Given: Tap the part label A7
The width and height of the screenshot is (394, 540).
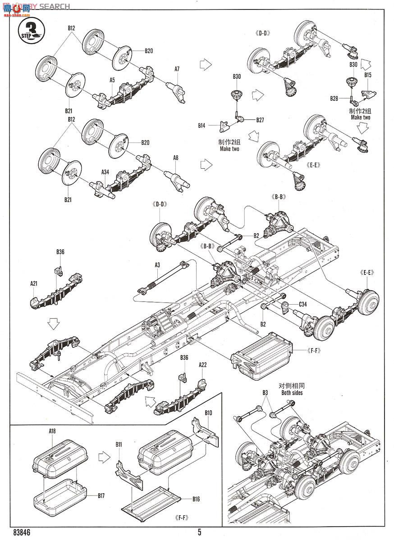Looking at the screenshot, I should tap(177, 69).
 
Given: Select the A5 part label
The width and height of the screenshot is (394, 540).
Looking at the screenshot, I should tap(112, 80).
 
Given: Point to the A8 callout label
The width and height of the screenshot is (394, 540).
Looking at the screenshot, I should tap(176, 157).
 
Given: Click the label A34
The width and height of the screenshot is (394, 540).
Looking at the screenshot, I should tap(105, 172).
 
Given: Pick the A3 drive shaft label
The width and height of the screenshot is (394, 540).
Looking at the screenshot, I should tap(157, 265).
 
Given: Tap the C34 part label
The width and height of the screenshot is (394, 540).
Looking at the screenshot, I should tap(302, 304).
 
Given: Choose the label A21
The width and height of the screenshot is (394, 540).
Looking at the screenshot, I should tap(34, 283).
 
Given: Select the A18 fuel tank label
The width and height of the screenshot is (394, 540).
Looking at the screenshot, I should tap(52, 431).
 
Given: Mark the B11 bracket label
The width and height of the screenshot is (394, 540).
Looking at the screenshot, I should tap(119, 445).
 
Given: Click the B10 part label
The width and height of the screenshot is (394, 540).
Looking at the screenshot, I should tap(208, 413).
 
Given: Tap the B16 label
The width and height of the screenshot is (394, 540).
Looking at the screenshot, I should tap(196, 499).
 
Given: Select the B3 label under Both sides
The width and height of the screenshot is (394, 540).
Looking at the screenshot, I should tap(266, 393).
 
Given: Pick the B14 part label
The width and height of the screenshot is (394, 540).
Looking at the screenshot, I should tap(202, 126).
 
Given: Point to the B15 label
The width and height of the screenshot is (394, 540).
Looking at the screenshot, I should tap(367, 76).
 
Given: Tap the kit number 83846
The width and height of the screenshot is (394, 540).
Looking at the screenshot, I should tap(16, 531).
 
